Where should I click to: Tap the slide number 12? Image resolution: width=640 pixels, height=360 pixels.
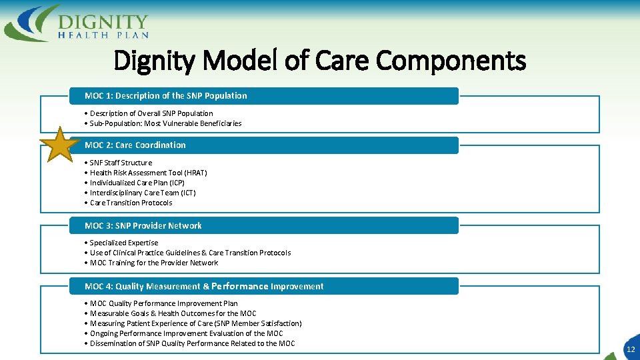pos(630,349)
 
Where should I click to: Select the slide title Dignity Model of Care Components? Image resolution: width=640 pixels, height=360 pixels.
pos(319,61)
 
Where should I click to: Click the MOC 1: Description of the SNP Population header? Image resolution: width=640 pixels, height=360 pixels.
pos(165,96)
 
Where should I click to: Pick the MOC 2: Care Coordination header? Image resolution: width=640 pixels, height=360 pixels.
pos(135,145)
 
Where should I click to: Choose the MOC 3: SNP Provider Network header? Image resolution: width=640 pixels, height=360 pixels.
pos(143,226)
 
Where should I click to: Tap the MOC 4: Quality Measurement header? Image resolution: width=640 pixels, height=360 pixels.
pos(204,287)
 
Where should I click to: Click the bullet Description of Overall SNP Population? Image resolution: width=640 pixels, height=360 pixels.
pos(151,113)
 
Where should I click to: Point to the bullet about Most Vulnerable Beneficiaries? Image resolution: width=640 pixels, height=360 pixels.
pos(165,123)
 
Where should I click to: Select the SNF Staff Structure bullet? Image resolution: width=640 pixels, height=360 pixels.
pos(121,163)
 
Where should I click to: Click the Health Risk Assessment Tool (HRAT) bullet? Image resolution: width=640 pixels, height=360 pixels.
pos(148,173)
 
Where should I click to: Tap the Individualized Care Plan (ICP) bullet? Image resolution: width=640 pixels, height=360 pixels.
pos(137,183)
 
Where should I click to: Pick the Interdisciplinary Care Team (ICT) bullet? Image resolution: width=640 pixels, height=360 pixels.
pos(143,193)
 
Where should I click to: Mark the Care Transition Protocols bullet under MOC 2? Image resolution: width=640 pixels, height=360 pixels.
pos(131,203)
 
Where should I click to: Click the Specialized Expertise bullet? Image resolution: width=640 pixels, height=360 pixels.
pos(124,243)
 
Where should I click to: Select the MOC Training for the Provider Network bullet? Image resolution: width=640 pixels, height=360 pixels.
pos(153,263)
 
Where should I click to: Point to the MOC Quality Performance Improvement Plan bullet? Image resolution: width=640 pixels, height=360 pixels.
pos(163,303)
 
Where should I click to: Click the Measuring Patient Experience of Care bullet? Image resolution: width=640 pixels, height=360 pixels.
pos(195,323)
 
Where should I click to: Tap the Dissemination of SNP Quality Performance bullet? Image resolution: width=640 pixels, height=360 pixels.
pos(192,343)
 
